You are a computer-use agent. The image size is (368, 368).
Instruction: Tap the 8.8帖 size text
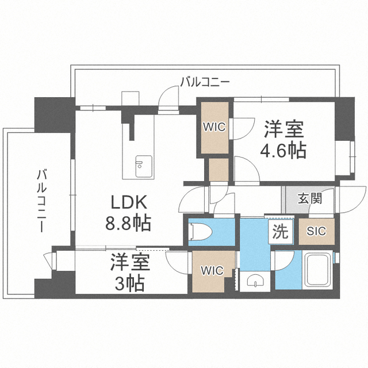tap(128, 223)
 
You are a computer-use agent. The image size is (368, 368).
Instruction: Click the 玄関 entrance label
tap(310, 200)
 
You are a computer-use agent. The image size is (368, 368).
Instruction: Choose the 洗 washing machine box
tap(280, 232)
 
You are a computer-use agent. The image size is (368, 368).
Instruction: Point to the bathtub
tap(316, 270)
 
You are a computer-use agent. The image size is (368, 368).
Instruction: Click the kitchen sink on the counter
tap(140, 164)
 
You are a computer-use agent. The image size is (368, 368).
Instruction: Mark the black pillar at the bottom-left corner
tap(55, 283)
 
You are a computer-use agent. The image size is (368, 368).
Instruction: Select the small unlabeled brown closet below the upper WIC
tap(219, 169)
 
